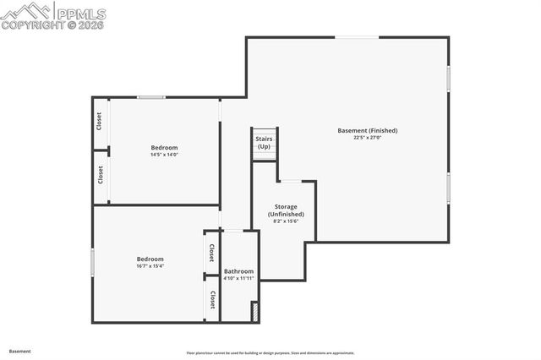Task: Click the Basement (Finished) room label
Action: pos(367,130)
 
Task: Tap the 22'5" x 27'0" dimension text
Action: pos(367,138)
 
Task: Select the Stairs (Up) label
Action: pos(264,142)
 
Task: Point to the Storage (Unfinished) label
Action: pos(286,210)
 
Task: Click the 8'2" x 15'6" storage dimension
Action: pos(286,221)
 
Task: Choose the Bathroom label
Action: pos(238,271)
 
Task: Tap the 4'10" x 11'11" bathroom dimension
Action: pos(238,279)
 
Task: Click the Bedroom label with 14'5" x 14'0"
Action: pos(164,148)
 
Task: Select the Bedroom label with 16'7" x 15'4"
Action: pos(150,259)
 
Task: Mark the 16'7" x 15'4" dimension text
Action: pos(150,266)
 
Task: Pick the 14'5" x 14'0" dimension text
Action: pos(164,155)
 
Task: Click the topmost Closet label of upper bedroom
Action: pos(100,122)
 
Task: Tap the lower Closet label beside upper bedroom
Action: pos(100,175)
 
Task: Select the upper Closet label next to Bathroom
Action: pos(211,254)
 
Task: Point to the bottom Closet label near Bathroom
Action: pos(211,299)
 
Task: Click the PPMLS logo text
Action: pos(80,13)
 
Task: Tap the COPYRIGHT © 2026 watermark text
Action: pos(53,25)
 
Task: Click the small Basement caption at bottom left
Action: pos(20,350)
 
